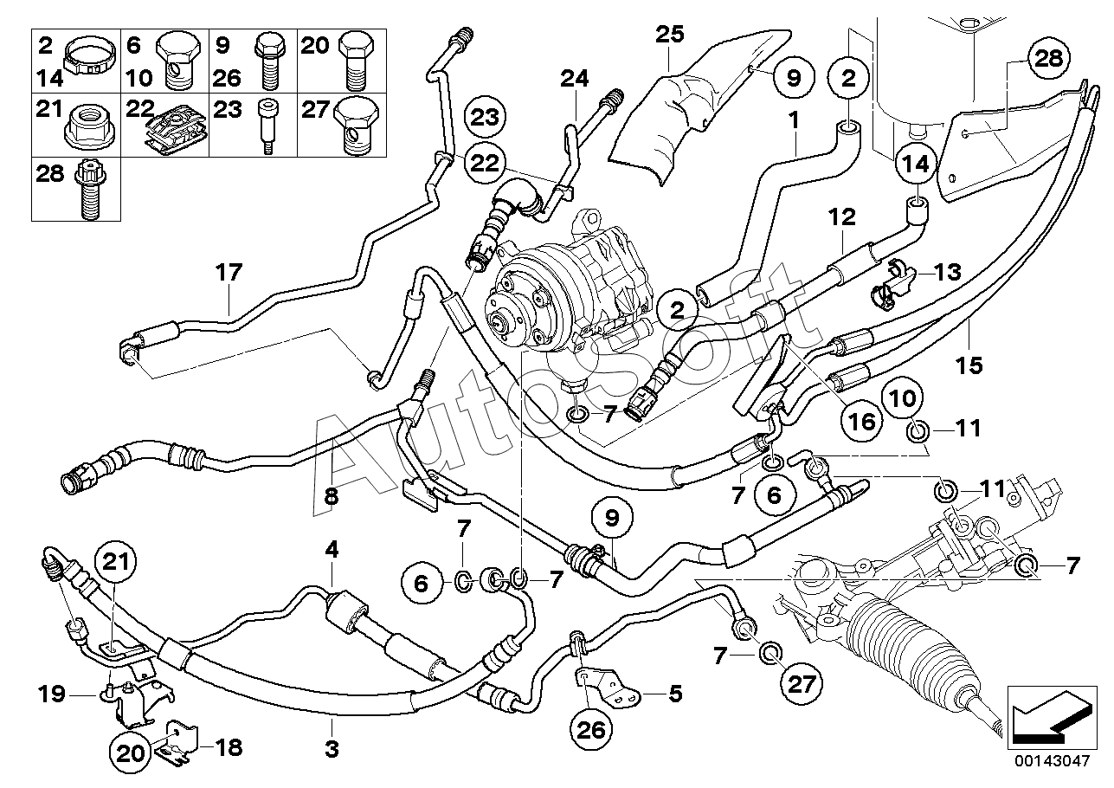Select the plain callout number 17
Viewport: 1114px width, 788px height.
[229, 272]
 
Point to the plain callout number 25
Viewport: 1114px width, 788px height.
[670, 34]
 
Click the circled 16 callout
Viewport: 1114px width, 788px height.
[862, 422]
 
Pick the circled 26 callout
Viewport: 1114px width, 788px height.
[592, 730]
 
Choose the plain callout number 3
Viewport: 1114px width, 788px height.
[332, 748]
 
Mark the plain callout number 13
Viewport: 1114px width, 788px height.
[947, 272]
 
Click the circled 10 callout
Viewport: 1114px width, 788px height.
[903, 398]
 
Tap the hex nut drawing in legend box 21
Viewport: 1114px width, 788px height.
[92, 128]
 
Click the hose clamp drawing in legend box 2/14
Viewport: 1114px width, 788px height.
[91, 60]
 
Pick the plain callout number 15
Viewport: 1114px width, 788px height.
[969, 365]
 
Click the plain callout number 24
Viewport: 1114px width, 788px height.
[575, 79]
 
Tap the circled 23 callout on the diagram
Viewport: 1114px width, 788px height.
[485, 118]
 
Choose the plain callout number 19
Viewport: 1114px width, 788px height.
[52, 693]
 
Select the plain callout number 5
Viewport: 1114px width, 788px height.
[675, 693]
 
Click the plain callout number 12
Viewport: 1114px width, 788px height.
[841, 216]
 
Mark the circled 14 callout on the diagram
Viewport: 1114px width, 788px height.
[916, 164]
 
